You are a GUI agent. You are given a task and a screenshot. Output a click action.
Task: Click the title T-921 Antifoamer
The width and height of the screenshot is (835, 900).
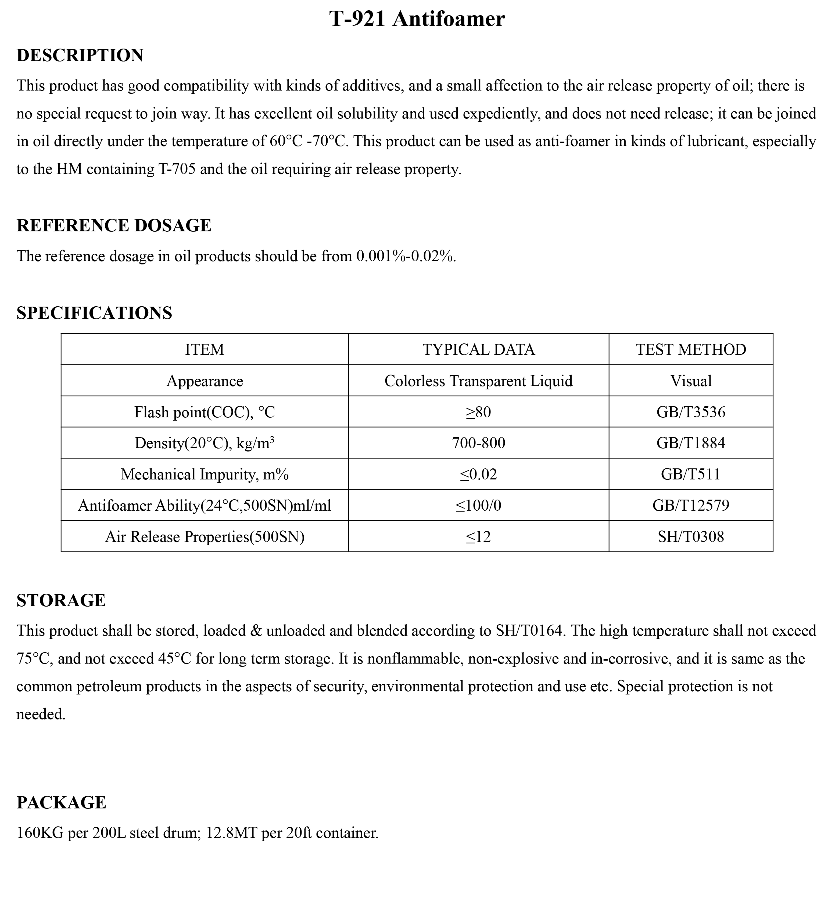[417, 19]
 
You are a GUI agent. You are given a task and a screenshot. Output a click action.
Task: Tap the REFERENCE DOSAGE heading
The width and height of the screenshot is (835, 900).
[114, 225]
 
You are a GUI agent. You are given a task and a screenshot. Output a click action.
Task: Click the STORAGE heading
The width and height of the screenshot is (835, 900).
[61, 600]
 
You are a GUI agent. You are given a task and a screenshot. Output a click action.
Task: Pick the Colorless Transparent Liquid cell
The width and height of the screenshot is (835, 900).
[478, 381]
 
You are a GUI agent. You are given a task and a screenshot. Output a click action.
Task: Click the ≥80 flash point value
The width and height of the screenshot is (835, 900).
[478, 412]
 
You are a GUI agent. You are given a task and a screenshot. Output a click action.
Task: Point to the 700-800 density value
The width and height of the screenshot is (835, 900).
[478, 443]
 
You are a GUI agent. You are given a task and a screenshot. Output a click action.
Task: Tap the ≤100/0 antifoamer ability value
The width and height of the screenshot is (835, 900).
[478, 505]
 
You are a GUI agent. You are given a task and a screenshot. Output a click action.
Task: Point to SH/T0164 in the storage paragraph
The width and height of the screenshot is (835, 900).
[530, 631]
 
